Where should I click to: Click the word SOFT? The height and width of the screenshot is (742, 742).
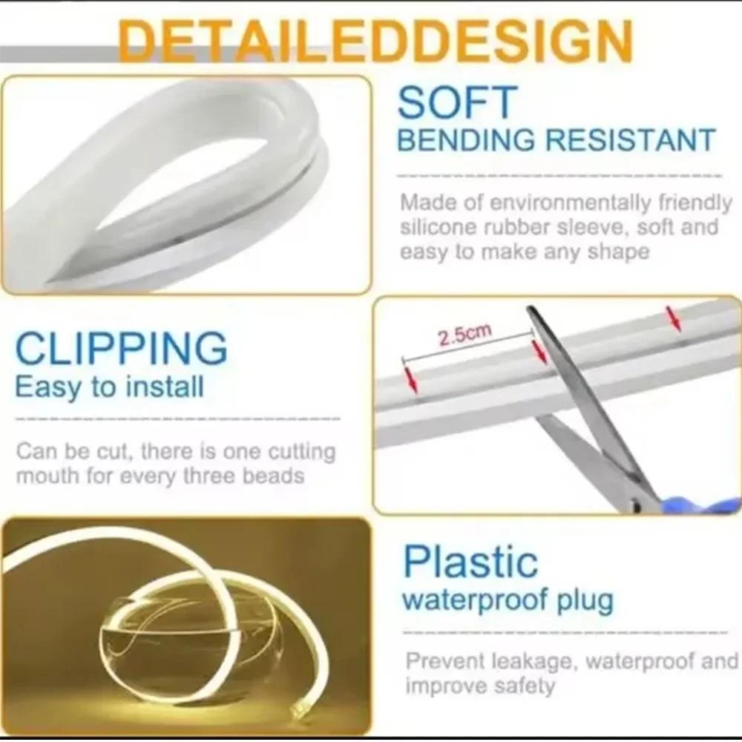click(456, 103)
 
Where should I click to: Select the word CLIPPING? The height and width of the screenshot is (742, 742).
click(121, 349)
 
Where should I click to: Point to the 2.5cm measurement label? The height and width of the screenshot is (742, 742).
click(464, 335)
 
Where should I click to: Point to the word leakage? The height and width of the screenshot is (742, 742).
click(533, 660)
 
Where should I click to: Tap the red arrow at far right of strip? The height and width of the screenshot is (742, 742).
click(673, 319)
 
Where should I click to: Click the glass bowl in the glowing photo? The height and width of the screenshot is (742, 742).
click(189, 653)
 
